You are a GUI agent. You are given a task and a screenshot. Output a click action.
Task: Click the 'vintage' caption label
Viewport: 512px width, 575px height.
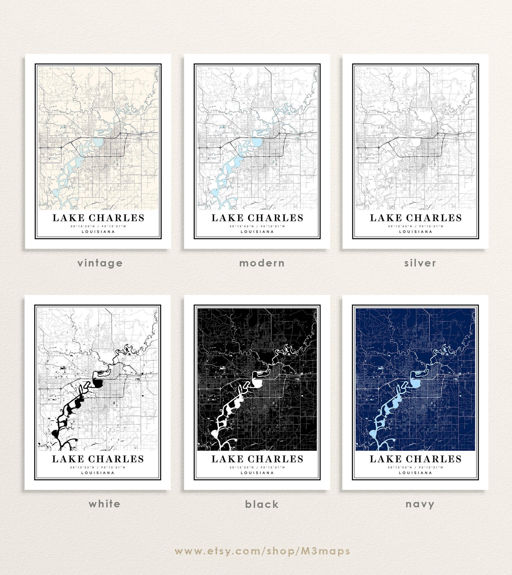pyautogui.click(x=100, y=263)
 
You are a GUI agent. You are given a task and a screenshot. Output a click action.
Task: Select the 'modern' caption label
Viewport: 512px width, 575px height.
pyautogui.click(x=262, y=263)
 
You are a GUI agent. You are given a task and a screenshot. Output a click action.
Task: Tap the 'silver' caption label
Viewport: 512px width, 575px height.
pyautogui.click(x=420, y=263)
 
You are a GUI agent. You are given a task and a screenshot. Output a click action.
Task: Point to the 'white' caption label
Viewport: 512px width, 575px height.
pyautogui.click(x=104, y=504)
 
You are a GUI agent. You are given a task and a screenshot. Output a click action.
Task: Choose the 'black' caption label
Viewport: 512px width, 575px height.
pyautogui.click(x=262, y=504)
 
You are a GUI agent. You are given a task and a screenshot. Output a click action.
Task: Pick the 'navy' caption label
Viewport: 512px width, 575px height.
pyautogui.click(x=420, y=504)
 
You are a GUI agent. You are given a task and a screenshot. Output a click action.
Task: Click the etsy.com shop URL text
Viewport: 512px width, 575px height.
pyautogui.click(x=262, y=551)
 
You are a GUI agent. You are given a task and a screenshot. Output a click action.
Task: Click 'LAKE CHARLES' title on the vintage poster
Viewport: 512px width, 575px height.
pyautogui.click(x=98, y=218)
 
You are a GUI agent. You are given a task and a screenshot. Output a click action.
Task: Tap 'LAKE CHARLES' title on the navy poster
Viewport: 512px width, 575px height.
pyautogui.click(x=415, y=459)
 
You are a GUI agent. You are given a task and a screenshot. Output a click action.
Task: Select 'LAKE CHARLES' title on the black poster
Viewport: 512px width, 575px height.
pyautogui.click(x=257, y=459)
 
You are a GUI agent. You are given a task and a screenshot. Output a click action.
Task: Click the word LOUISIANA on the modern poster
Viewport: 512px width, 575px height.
pyautogui.click(x=257, y=232)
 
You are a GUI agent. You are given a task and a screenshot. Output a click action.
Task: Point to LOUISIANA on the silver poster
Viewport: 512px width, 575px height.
pyautogui.click(x=416, y=232)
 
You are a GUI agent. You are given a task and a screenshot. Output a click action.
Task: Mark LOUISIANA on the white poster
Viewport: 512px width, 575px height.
pyautogui.click(x=98, y=473)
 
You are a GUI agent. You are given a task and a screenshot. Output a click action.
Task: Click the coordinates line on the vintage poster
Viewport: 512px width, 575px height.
pyautogui.click(x=98, y=226)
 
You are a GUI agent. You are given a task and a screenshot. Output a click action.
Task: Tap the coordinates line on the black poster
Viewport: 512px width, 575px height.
pyautogui.click(x=257, y=467)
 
